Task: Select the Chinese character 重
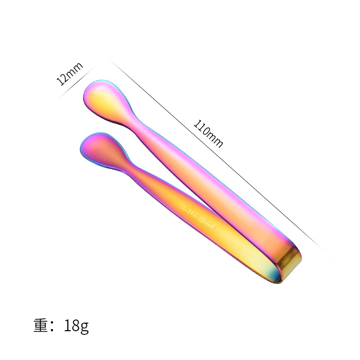pyautogui.click(x=42, y=325)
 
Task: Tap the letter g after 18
pyautogui.click(x=84, y=327)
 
